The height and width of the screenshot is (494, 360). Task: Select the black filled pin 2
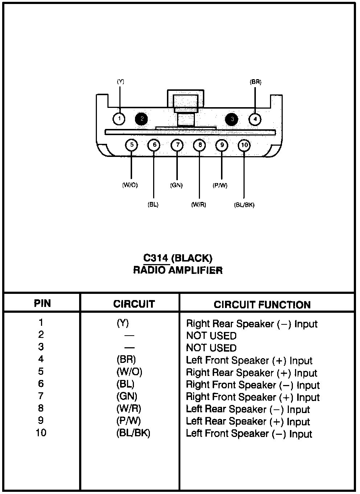tap(142, 119)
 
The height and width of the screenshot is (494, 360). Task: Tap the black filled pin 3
tap(232, 119)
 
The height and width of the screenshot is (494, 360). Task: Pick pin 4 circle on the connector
tap(255, 119)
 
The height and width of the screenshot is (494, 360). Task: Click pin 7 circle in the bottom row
tap(177, 145)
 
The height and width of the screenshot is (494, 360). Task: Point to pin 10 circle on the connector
tap(244, 145)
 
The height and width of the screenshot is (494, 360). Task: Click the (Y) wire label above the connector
tap(120, 82)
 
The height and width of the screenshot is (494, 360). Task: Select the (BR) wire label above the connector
tap(255, 82)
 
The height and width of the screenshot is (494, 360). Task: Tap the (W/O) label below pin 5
tap(130, 185)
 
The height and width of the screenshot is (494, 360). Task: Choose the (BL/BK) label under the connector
tap(244, 205)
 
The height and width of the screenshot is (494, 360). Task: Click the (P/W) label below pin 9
tap(220, 185)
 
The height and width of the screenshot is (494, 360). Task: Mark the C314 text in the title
tap(156, 258)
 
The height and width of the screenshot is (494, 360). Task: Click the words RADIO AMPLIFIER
tap(178, 270)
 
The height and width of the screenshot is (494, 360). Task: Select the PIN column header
tap(42, 303)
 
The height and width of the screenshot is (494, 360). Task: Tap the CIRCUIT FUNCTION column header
tap(262, 304)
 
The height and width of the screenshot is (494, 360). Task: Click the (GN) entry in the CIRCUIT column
tap(127, 396)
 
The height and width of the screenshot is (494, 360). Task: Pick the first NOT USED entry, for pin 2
tap(211, 336)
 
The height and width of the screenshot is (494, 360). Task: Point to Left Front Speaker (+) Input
tap(249, 361)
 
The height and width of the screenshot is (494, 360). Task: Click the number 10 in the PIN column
tap(41, 433)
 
